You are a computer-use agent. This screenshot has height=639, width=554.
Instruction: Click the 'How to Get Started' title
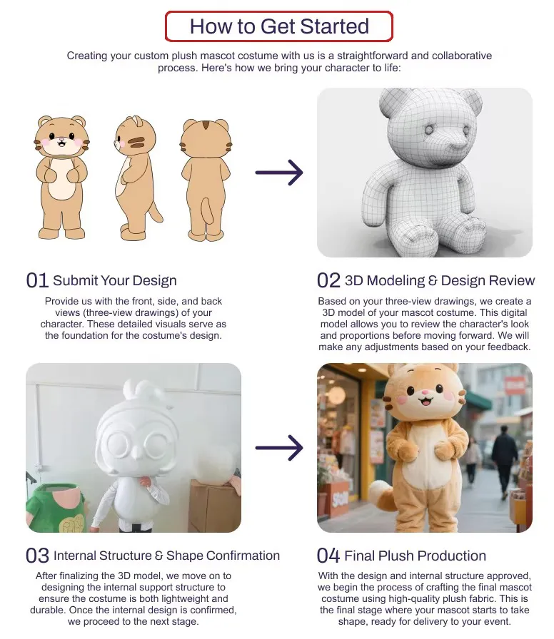279,26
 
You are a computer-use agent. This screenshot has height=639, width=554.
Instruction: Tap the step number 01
37,281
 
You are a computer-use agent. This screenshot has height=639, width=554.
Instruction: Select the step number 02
328,281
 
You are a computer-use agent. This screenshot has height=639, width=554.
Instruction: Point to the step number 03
37,556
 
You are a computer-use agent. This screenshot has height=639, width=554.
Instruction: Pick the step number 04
328,556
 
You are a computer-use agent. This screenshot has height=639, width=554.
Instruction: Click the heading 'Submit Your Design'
115,281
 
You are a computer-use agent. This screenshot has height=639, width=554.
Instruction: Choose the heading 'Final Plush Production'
415,556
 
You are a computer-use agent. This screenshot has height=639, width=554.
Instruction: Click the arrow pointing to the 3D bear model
279,173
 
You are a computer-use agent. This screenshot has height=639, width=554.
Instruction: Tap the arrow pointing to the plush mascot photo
279,448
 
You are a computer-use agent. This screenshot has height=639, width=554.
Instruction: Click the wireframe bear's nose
453,144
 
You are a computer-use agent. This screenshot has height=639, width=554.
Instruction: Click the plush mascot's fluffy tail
382,495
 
